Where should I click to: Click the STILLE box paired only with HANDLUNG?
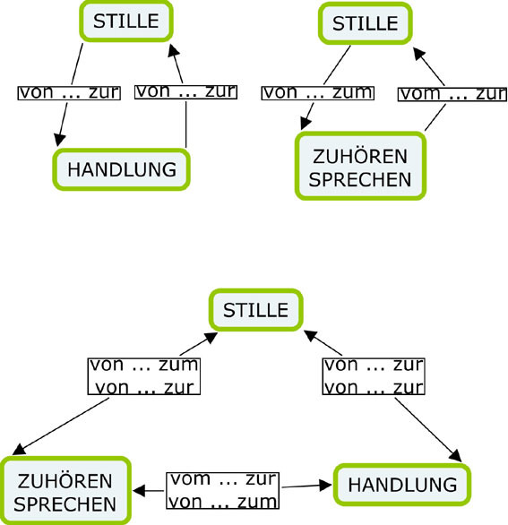126,22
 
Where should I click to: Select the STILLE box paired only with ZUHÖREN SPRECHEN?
366,23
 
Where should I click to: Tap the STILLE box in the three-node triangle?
256,310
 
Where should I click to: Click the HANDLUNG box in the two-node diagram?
122,169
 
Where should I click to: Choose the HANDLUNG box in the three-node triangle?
402,485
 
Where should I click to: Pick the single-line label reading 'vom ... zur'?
452,94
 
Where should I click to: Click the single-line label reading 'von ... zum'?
317,93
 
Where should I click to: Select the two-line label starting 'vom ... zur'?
223,491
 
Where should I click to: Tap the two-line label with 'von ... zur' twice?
374,376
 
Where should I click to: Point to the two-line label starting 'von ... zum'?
144,376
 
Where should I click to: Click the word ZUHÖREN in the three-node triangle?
65,481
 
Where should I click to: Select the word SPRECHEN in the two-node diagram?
360,179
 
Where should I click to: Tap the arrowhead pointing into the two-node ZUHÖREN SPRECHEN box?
306,124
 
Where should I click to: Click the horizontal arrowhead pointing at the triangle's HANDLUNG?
326,486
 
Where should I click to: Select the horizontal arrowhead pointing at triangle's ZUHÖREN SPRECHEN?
139,491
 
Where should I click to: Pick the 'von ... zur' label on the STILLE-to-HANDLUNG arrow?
69,93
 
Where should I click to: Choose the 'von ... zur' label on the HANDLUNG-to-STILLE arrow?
185,91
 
